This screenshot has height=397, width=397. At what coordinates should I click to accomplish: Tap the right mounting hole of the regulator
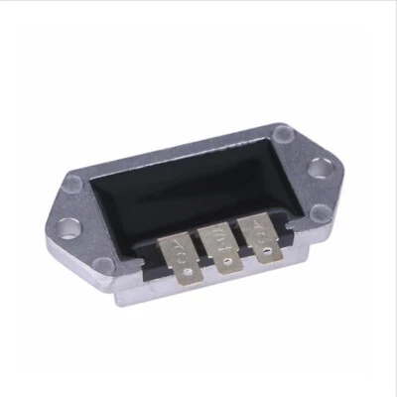(321, 169)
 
